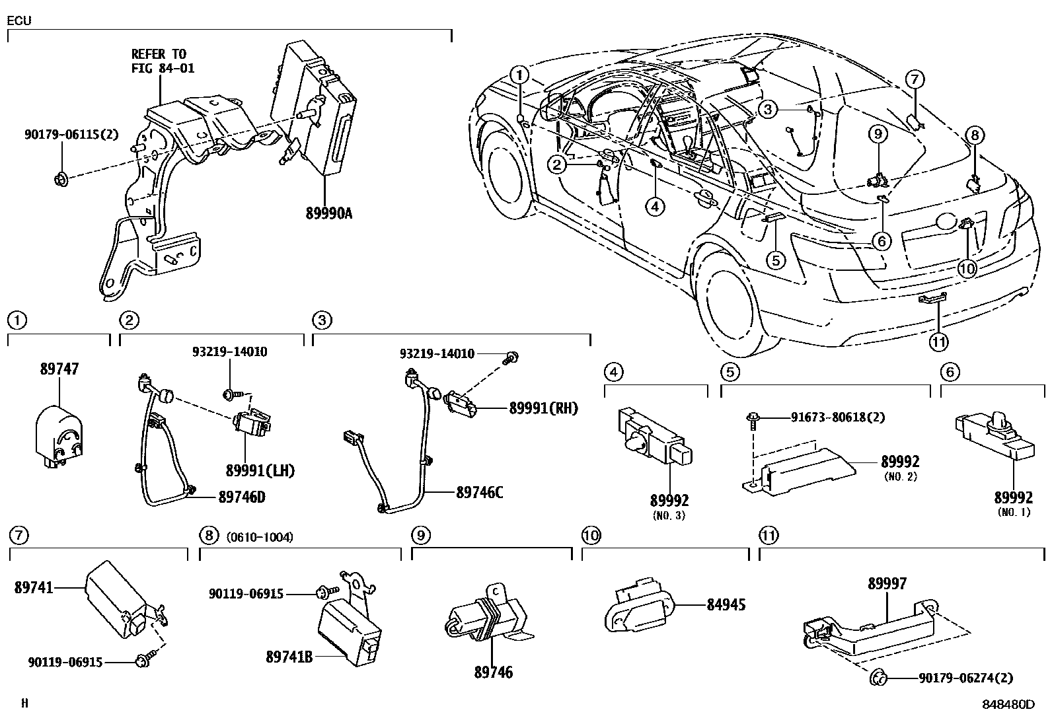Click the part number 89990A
(328, 213)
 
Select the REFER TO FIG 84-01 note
(163, 61)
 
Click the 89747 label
(59, 369)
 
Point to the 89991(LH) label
(260, 471)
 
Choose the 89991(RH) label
(543, 408)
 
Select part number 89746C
(479, 492)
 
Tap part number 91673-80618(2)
(837, 417)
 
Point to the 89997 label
(887, 583)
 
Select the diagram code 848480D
(1008, 704)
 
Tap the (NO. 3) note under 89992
(669, 515)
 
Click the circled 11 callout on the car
(938, 342)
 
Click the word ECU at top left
(19, 20)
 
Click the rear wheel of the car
(727, 297)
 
